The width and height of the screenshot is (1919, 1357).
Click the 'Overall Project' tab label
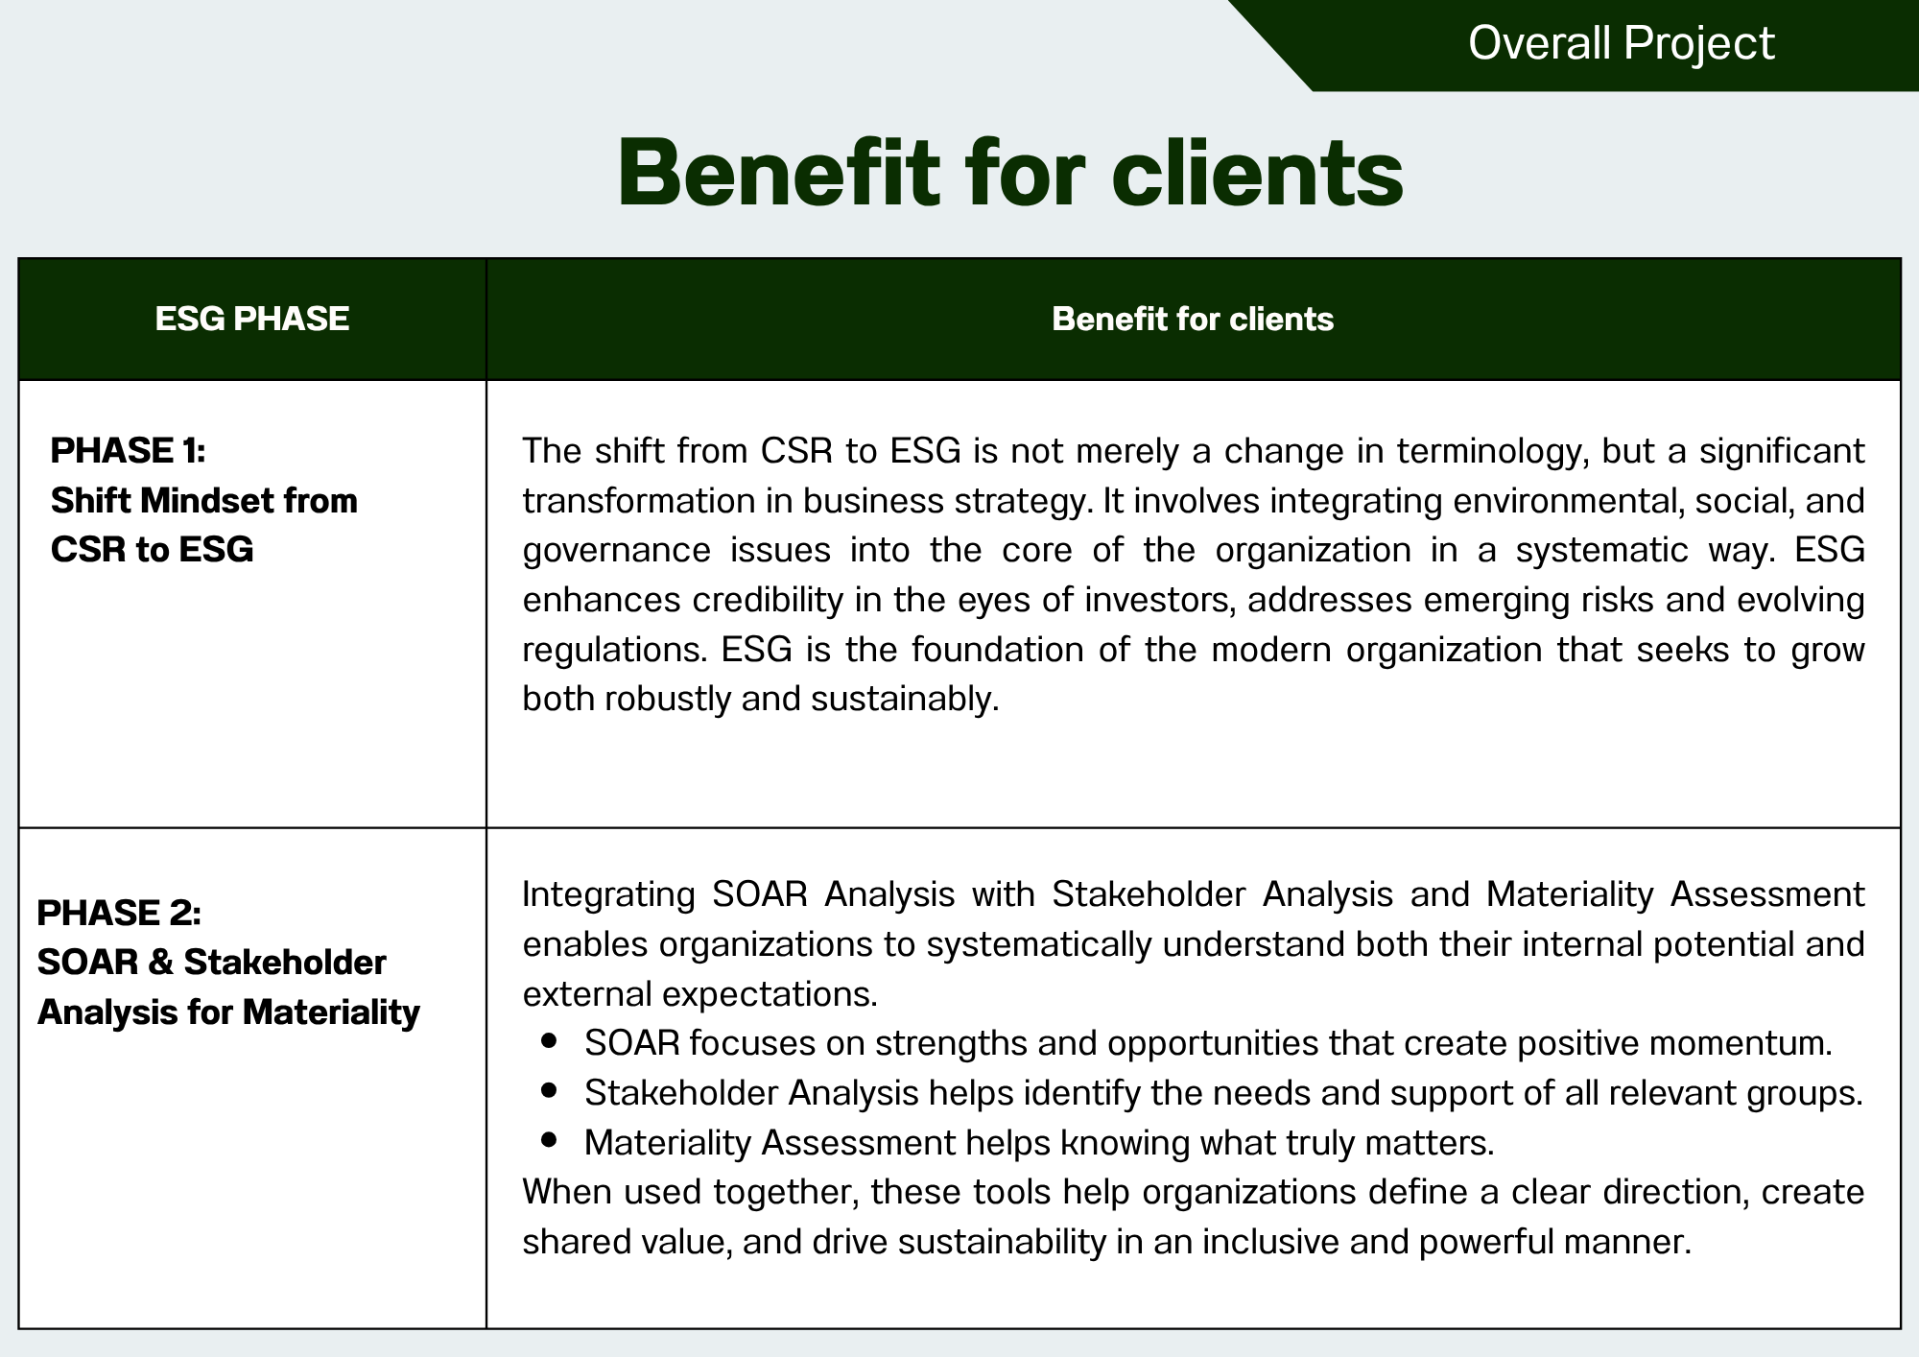coord(1621,43)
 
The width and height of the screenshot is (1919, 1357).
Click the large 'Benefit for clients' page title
coord(1010,173)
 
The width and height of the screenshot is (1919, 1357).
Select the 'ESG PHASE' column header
coord(252,319)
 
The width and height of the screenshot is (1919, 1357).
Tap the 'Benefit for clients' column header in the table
coord(1193,319)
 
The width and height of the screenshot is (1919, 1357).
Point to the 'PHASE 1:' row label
coord(128,450)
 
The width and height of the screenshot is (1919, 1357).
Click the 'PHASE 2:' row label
coord(119,913)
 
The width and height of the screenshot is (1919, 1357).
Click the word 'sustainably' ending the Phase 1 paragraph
coord(900,699)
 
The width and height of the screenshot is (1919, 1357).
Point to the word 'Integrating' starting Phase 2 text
coord(608,894)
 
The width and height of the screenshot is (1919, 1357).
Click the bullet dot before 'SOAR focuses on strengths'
coord(550,1039)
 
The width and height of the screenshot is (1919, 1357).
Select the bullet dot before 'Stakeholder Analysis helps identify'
coord(550,1089)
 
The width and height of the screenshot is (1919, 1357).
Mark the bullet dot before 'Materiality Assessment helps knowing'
coord(550,1139)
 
